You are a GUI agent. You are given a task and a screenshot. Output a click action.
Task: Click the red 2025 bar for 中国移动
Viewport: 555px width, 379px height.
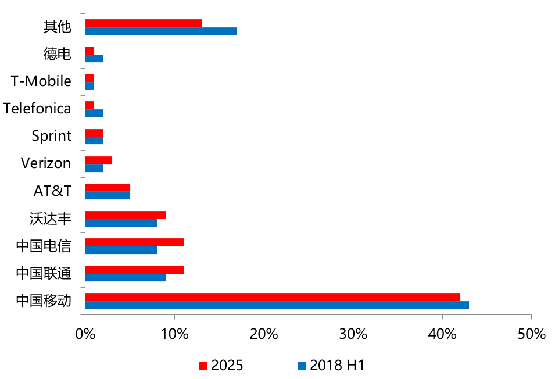pyautogui.click(x=273, y=296)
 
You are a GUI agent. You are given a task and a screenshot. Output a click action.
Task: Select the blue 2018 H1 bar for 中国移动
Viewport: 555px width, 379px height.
pyautogui.click(x=277, y=305)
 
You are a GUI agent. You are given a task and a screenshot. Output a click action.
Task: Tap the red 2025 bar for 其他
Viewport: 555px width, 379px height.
pyautogui.click(x=143, y=23)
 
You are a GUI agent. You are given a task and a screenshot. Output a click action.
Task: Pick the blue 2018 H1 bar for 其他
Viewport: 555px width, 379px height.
pyautogui.click(x=161, y=31)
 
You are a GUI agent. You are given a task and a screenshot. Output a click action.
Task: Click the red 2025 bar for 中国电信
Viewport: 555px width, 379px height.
pyautogui.click(x=134, y=242)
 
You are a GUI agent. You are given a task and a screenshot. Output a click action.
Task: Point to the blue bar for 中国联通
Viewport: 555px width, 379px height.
pyautogui.click(x=125, y=277)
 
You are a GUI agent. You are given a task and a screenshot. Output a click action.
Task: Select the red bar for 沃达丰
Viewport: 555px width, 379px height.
pyautogui.click(x=125, y=214)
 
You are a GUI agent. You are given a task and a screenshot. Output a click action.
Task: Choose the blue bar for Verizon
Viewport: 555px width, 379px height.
pyautogui.click(x=94, y=168)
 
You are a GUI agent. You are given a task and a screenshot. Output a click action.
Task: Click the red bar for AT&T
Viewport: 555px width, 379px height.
pyautogui.click(x=108, y=187)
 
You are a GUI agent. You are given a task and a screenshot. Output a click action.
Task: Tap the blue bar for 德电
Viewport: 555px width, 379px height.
pyautogui.click(x=94, y=58)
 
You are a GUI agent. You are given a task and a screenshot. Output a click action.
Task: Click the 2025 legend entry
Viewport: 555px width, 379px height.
pyautogui.click(x=221, y=366)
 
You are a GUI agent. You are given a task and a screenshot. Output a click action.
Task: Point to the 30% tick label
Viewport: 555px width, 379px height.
pyautogui.click(x=353, y=335)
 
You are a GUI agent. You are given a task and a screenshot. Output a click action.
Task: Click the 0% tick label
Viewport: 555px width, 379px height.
pyautogui.click(x=85, y=335)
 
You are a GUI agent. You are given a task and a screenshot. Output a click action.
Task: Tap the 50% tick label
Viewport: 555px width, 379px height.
pyautogui.click(x=532, y=335)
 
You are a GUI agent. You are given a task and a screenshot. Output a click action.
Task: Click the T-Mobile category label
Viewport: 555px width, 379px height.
pyautogui.click(x=41, y=81)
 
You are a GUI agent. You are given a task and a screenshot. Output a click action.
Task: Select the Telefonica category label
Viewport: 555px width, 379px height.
pyautogui.click(x=37, y=109)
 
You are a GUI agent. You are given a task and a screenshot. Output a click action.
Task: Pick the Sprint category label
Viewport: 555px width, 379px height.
pyautogui.click(x=52, y=136)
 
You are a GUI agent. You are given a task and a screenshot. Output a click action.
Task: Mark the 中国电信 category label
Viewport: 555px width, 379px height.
pyautogui.click(x=44, y=246)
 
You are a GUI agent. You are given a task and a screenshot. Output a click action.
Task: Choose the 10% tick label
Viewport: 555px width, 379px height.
pyautogui.click(x=174, y=335)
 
